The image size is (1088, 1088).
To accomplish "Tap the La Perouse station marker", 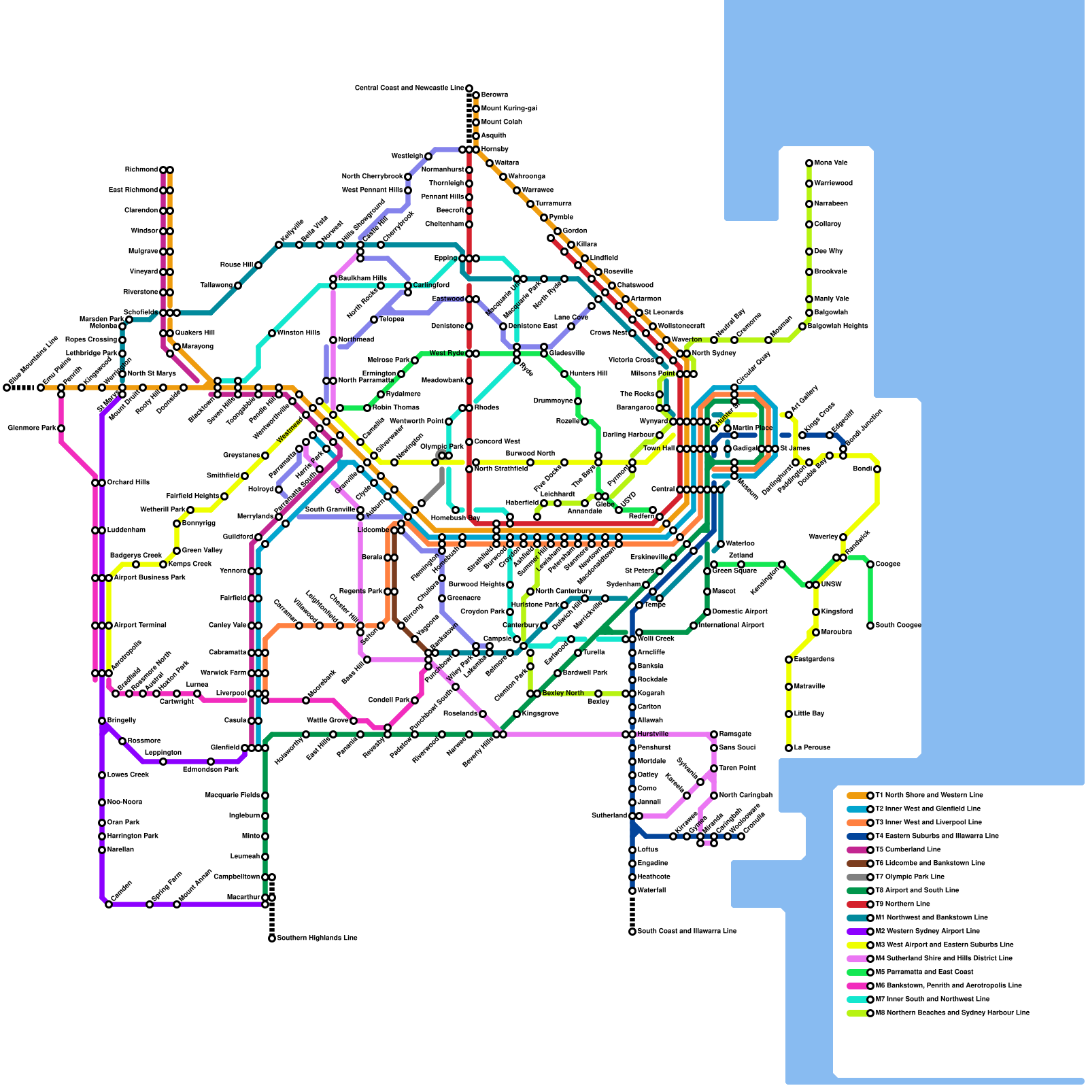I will (x=789, y=748).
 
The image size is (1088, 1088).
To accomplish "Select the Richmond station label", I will (x=141, y=170).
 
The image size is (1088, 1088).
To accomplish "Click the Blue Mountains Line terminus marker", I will (x=7, y=388).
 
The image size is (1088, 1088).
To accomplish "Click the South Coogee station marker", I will (x=870, y=626).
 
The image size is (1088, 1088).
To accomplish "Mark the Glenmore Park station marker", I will (x=61, y=428).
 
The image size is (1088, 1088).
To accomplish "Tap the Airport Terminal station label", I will (x=140, y=626).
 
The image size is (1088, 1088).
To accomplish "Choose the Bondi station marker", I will (x=877, y=469).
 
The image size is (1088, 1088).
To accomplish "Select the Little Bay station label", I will (x=809, y=714).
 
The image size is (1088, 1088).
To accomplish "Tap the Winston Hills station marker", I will (x=272, y=333).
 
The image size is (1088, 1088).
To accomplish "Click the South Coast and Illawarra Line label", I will (x=687, y=932).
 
